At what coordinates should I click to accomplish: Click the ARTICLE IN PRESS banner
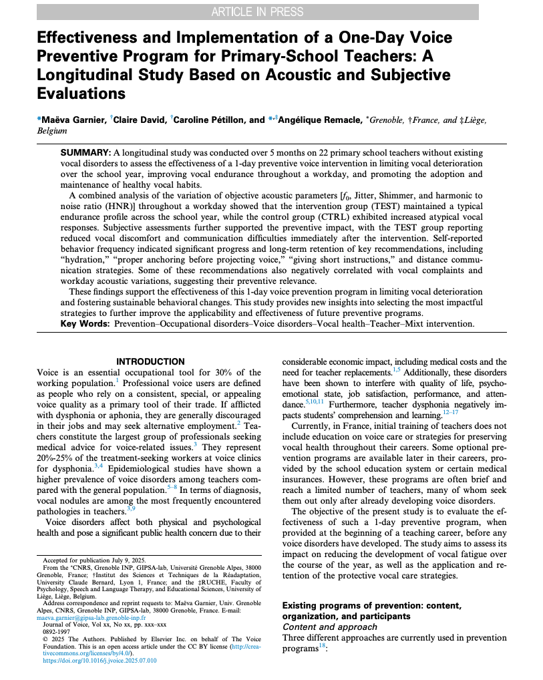(257, 11)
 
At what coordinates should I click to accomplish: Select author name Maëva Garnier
(71, 120)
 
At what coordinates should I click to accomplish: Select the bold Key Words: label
(85, 324)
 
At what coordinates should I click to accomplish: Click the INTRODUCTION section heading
(150, 362)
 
